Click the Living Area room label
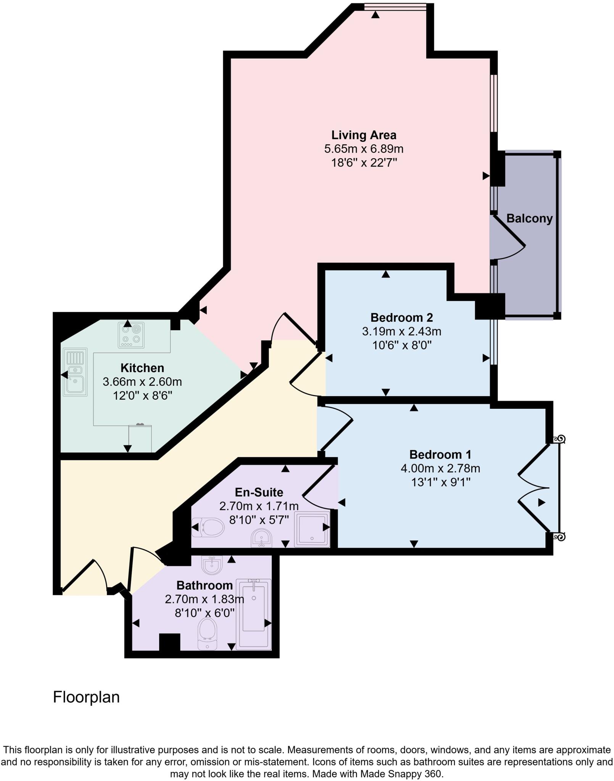pos(363,135)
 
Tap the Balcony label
pos(529,219)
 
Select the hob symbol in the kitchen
pos(131,335)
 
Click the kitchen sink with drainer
pos(75,372)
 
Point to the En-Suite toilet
pos(208,527)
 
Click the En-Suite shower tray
pos(312,530)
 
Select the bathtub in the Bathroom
pos(253,614)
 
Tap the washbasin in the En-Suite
pos(261,538)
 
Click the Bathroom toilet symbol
pos(208,632)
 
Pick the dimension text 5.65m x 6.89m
pos(363,149)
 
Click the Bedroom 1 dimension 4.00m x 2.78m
pos(440,468)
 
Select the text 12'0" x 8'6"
pos(142,395)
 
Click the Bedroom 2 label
pos(401,317)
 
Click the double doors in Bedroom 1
pos(534,488)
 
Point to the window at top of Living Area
pos(395,6)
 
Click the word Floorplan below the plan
pos(86,697)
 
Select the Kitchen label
pos(142,368)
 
